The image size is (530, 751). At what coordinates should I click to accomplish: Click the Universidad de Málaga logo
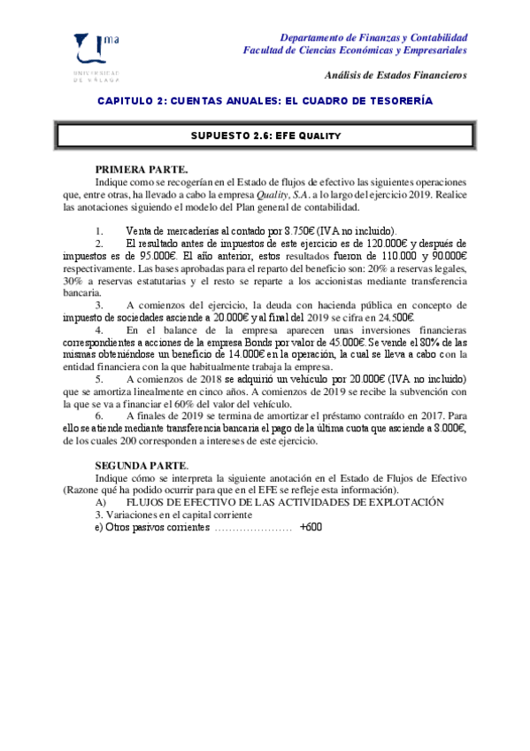[x=100, y=57]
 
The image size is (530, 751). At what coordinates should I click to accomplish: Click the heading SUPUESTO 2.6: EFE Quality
[x=266, y=135]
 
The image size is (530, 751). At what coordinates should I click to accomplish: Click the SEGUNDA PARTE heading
[x=142, y=465]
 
